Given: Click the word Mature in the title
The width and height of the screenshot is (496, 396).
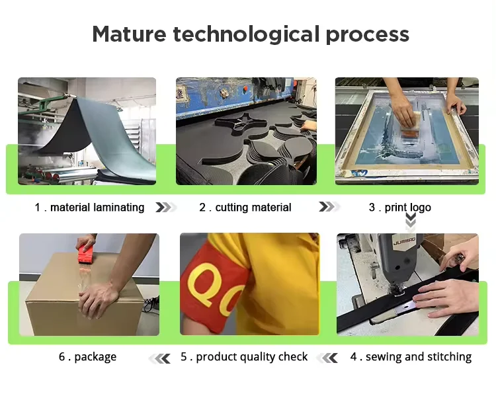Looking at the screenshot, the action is [x=128, y=34].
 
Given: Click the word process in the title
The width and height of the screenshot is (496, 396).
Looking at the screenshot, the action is [x=367, y=34].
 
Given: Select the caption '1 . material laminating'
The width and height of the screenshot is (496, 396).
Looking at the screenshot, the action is [x=89, y=208].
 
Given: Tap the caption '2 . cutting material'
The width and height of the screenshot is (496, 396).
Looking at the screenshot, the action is [x=245, y=208].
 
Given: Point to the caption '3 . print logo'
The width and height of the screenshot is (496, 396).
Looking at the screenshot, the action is [x=399, y=208].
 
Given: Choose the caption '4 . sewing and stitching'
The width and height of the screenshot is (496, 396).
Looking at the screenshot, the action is [x=411, y=357].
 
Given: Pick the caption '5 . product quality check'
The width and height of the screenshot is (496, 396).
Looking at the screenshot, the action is [x=244, y=357].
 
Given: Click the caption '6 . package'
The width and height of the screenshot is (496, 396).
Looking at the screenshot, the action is [x=87, y=357].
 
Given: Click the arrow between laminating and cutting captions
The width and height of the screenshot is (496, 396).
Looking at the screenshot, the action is [x=165, y=208].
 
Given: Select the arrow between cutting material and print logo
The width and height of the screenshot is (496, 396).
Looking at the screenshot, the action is [x=328, y=208].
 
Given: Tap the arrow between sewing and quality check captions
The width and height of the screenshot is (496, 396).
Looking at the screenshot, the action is [x=327, y=358].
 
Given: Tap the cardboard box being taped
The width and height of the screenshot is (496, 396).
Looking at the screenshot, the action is [x=60, y=301].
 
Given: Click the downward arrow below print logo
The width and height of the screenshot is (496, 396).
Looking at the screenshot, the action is [x=411, y=221].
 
